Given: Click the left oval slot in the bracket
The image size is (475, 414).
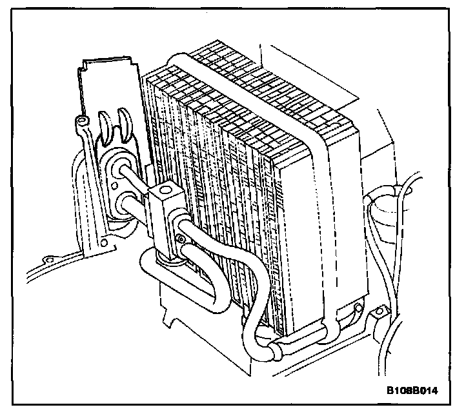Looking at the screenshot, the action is point(105,125).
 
